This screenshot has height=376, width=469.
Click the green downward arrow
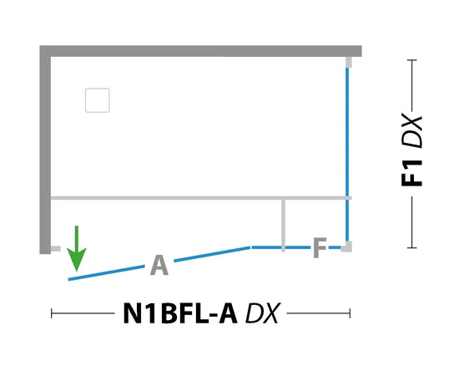(x=77, y=248)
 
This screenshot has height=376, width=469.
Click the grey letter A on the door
(x=159, y=265)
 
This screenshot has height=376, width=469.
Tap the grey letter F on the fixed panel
(x=320, y=247)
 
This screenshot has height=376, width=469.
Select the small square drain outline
(x=98, y=100)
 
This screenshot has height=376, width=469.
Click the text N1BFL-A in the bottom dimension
(x=180, y=313)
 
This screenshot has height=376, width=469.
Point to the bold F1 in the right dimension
(x=411, y=173)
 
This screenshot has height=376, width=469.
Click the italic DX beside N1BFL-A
(x=263, y=313)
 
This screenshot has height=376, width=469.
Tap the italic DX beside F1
(x=411, y=130)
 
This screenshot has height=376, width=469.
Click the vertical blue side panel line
(x=347, y=155)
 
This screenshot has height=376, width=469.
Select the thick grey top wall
(x=200, y=51)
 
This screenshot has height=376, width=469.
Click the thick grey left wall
(x=45, y=150)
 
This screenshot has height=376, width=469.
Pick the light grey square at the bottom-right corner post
(x=346, y=246)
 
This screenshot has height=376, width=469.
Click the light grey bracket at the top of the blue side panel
(x=349, y=62)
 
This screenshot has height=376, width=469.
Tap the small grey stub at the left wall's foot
(x=56, y=249)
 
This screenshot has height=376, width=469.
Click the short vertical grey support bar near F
(x=283, y=226)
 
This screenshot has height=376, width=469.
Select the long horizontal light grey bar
(x=201, y=198)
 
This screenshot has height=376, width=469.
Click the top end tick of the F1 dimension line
(x=412, y=60)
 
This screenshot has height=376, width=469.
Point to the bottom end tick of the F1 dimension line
(x=412, y=247)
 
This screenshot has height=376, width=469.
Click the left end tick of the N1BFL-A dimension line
(x=52, y=313)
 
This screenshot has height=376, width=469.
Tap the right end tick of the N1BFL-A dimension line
(x=350, y=313)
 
